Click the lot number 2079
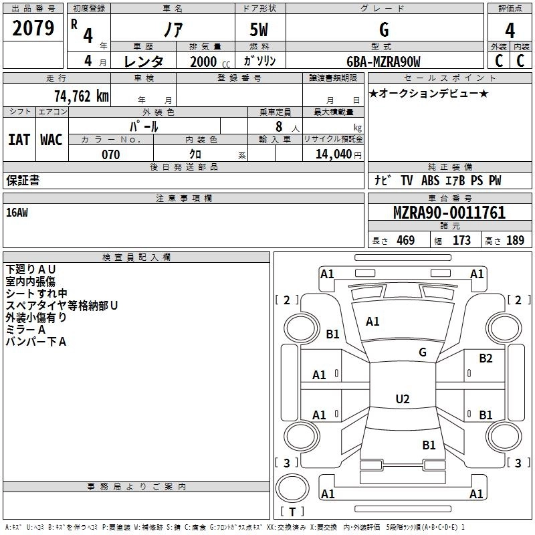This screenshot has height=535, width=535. point(33,29)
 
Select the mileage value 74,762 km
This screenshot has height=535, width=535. point(81,96)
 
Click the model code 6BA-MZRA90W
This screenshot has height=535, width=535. point(383,62)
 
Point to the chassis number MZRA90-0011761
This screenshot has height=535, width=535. point(449,213)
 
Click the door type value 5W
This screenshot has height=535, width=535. point(259,30)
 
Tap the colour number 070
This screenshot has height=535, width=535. point(110,154)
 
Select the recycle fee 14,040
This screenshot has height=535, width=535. point(333,154)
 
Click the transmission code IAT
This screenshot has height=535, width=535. point(19,140)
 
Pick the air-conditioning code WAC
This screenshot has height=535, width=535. point(51,140)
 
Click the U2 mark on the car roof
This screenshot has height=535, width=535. point(402,399)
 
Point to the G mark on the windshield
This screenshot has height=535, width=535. point(422,352)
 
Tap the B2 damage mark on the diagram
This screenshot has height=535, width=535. point(486,358)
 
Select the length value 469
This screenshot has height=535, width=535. point(405,241)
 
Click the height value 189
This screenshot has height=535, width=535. point(515,241)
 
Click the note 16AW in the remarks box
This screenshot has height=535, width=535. point(17,213)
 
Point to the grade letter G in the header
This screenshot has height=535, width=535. point(383,30)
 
